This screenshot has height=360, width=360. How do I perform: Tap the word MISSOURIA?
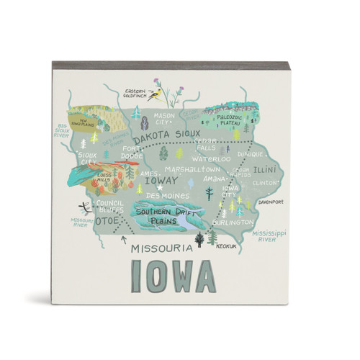(x=161, y=248)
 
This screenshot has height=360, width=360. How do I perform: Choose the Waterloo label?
(x=211, y=158)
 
